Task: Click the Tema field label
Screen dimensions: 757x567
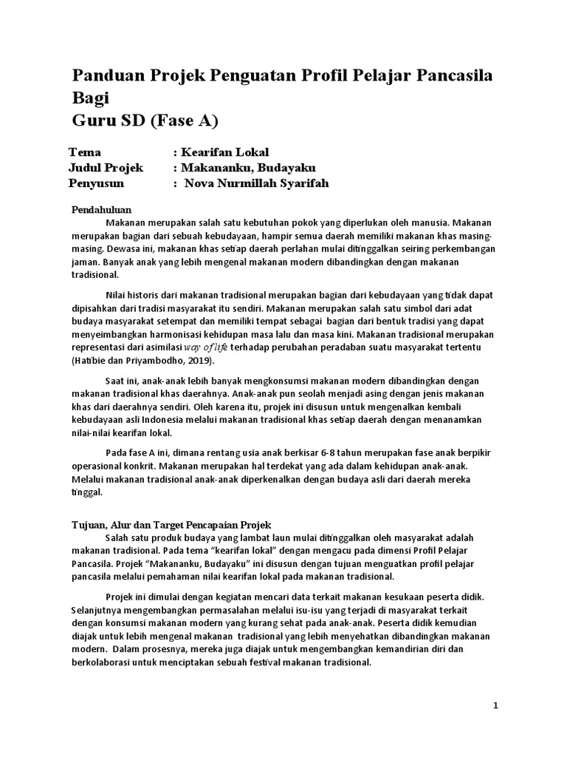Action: coord(84,152)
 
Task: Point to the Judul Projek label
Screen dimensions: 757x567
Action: coord(105,168)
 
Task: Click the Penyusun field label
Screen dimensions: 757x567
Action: coord(96,183)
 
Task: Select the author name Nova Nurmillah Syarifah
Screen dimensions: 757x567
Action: coord(256,183)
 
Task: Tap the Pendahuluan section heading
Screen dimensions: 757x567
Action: coord(101,210)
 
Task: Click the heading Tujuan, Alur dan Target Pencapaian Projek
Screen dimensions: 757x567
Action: coord(171,525)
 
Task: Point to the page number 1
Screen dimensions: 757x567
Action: coord(496,706)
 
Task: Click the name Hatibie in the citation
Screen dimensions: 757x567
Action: coord(92,361)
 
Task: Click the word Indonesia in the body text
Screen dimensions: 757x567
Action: coord(148,420)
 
